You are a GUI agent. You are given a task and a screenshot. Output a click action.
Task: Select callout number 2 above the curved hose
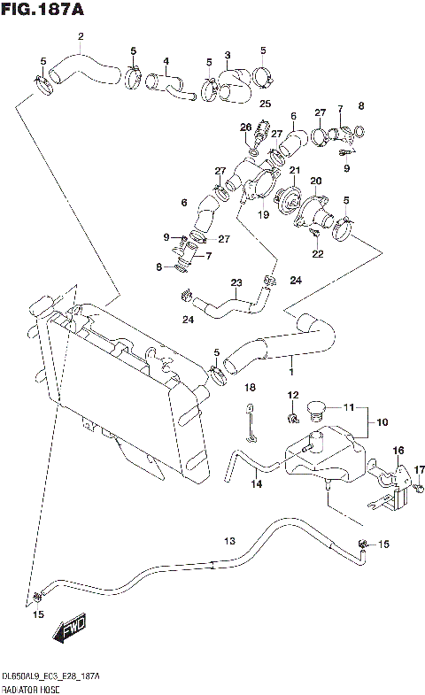pyautogui.click(x=81, y=36)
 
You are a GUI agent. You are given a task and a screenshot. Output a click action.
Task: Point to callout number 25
pyautogui.click(x=264, y=104)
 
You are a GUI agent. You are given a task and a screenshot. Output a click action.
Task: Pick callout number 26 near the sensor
pyautogui.click(x=245, y=127)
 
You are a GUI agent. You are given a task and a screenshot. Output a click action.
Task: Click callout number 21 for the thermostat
pyautogui.click(x=295, y=170)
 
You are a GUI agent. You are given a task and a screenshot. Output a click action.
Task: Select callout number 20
pyautogui.click(x=314, y=181)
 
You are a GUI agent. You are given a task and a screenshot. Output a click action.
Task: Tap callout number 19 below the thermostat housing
pyautogui.click(x=263, y=214)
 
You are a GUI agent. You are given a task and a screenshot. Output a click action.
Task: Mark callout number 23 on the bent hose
pyautogui.click(x=236, y=283)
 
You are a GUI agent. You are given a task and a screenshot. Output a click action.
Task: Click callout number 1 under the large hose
pyautogui.click(x=291, y=361)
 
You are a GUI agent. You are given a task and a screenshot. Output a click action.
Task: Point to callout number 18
pyautogui.click(x=251, y=388)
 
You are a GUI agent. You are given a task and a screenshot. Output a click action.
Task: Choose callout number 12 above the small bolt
pyautogui.click(x=292, y=394)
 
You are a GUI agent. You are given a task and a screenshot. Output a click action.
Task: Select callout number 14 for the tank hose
pyautogui.click(x=256, y=483)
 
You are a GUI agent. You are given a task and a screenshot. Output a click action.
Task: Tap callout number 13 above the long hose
pyautogui.click(x=229, y=541)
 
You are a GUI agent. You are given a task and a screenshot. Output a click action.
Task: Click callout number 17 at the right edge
pyautogui.click(x=420, y=469)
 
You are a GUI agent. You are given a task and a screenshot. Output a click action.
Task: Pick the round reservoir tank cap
pyautogui.click(x=314, y=411)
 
